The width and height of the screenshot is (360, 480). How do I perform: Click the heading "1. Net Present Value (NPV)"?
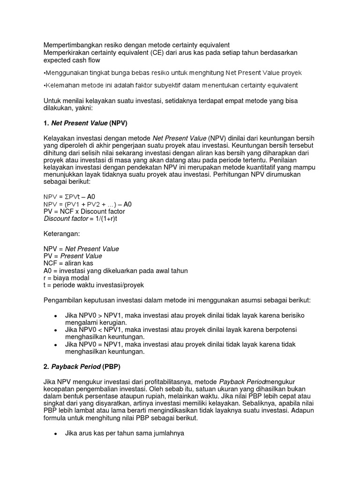85,123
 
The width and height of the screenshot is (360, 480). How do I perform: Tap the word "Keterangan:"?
62,233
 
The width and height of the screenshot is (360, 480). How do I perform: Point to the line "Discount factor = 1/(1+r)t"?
80,219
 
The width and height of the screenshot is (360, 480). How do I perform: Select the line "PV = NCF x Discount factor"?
84,211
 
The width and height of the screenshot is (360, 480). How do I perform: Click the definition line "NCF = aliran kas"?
68,263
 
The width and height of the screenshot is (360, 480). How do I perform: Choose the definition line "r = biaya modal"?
66,278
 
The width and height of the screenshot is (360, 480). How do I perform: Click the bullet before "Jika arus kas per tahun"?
56,434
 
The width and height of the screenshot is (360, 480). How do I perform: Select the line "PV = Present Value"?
73,256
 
